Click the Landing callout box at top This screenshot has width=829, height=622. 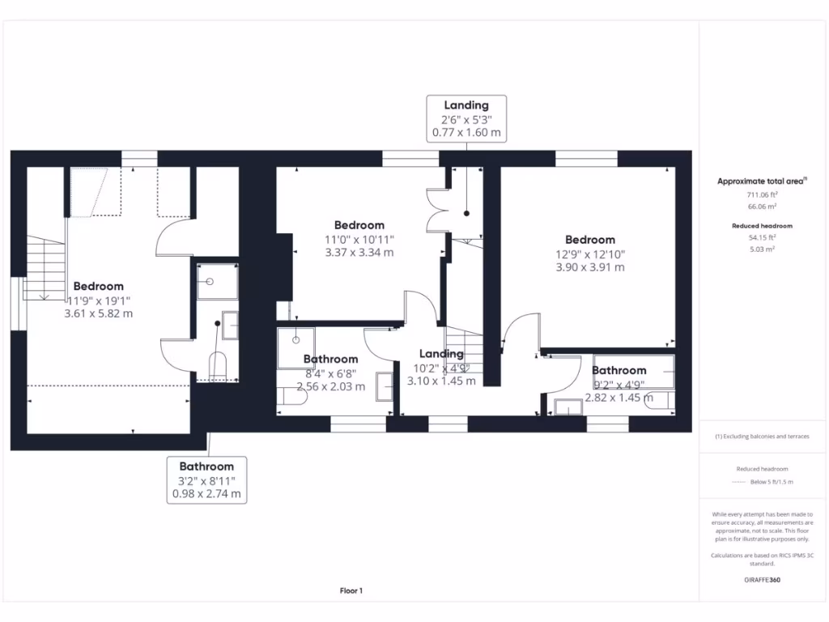466,118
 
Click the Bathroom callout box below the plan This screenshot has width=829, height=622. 206,479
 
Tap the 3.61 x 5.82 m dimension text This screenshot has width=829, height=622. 98,313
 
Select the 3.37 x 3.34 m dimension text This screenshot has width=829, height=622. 359,252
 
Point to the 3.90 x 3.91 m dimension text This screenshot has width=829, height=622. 590,266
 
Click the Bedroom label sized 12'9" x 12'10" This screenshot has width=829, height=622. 590,240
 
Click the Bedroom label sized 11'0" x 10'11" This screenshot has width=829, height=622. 359,225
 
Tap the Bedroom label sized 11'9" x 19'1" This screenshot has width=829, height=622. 98,286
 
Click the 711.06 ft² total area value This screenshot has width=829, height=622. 762,195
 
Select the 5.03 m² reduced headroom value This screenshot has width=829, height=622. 762,249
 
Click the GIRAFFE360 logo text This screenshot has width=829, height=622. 762,580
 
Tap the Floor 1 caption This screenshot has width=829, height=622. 351,591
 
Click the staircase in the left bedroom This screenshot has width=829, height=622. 45,267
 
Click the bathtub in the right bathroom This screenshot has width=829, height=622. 634,372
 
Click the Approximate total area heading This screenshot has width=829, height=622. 762,181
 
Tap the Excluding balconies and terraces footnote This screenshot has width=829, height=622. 762,437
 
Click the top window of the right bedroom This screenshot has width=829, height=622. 586,158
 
